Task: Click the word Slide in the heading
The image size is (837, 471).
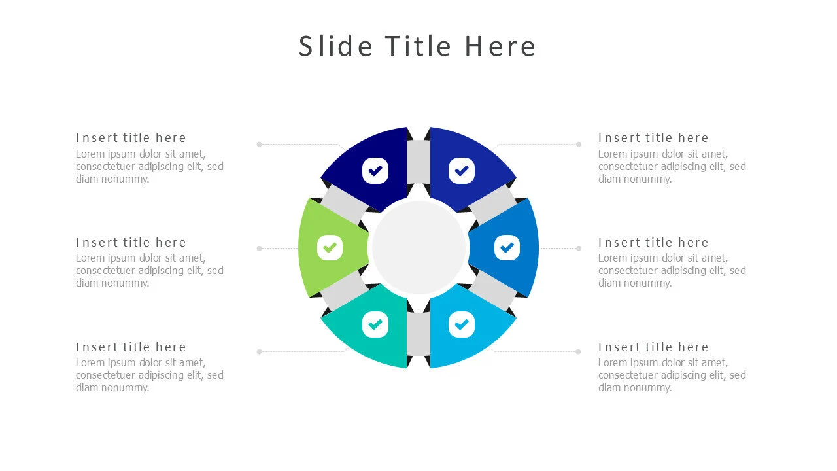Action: (336, 46)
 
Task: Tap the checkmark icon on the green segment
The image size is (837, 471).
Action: (330, 248)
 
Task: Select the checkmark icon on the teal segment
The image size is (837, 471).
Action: (375, 324)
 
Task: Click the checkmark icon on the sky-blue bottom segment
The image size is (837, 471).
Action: (462, 324)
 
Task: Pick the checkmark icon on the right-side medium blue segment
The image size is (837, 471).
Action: (507, 248)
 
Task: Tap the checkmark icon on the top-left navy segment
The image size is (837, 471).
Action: (375, 171)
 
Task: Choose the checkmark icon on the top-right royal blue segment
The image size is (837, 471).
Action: (462, 171)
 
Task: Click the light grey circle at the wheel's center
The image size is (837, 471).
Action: (418, 247)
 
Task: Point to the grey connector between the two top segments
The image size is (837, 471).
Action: (418, 162)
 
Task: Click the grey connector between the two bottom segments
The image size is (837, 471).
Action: (418, 334)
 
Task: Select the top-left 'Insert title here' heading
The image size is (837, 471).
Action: (131, 138)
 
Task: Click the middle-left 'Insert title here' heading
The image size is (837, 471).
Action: (131, 243)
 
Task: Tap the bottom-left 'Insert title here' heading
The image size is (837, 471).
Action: (131, 347)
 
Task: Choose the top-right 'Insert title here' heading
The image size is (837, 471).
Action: (653, 138)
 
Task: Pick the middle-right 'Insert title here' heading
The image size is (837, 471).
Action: (653, 243)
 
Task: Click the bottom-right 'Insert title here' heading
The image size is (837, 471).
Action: (653, 347)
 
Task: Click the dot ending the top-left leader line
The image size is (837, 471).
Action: (260, 144)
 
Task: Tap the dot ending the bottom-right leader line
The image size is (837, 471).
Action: (578, 351)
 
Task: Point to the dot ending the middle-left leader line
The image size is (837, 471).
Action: (260, 248)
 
